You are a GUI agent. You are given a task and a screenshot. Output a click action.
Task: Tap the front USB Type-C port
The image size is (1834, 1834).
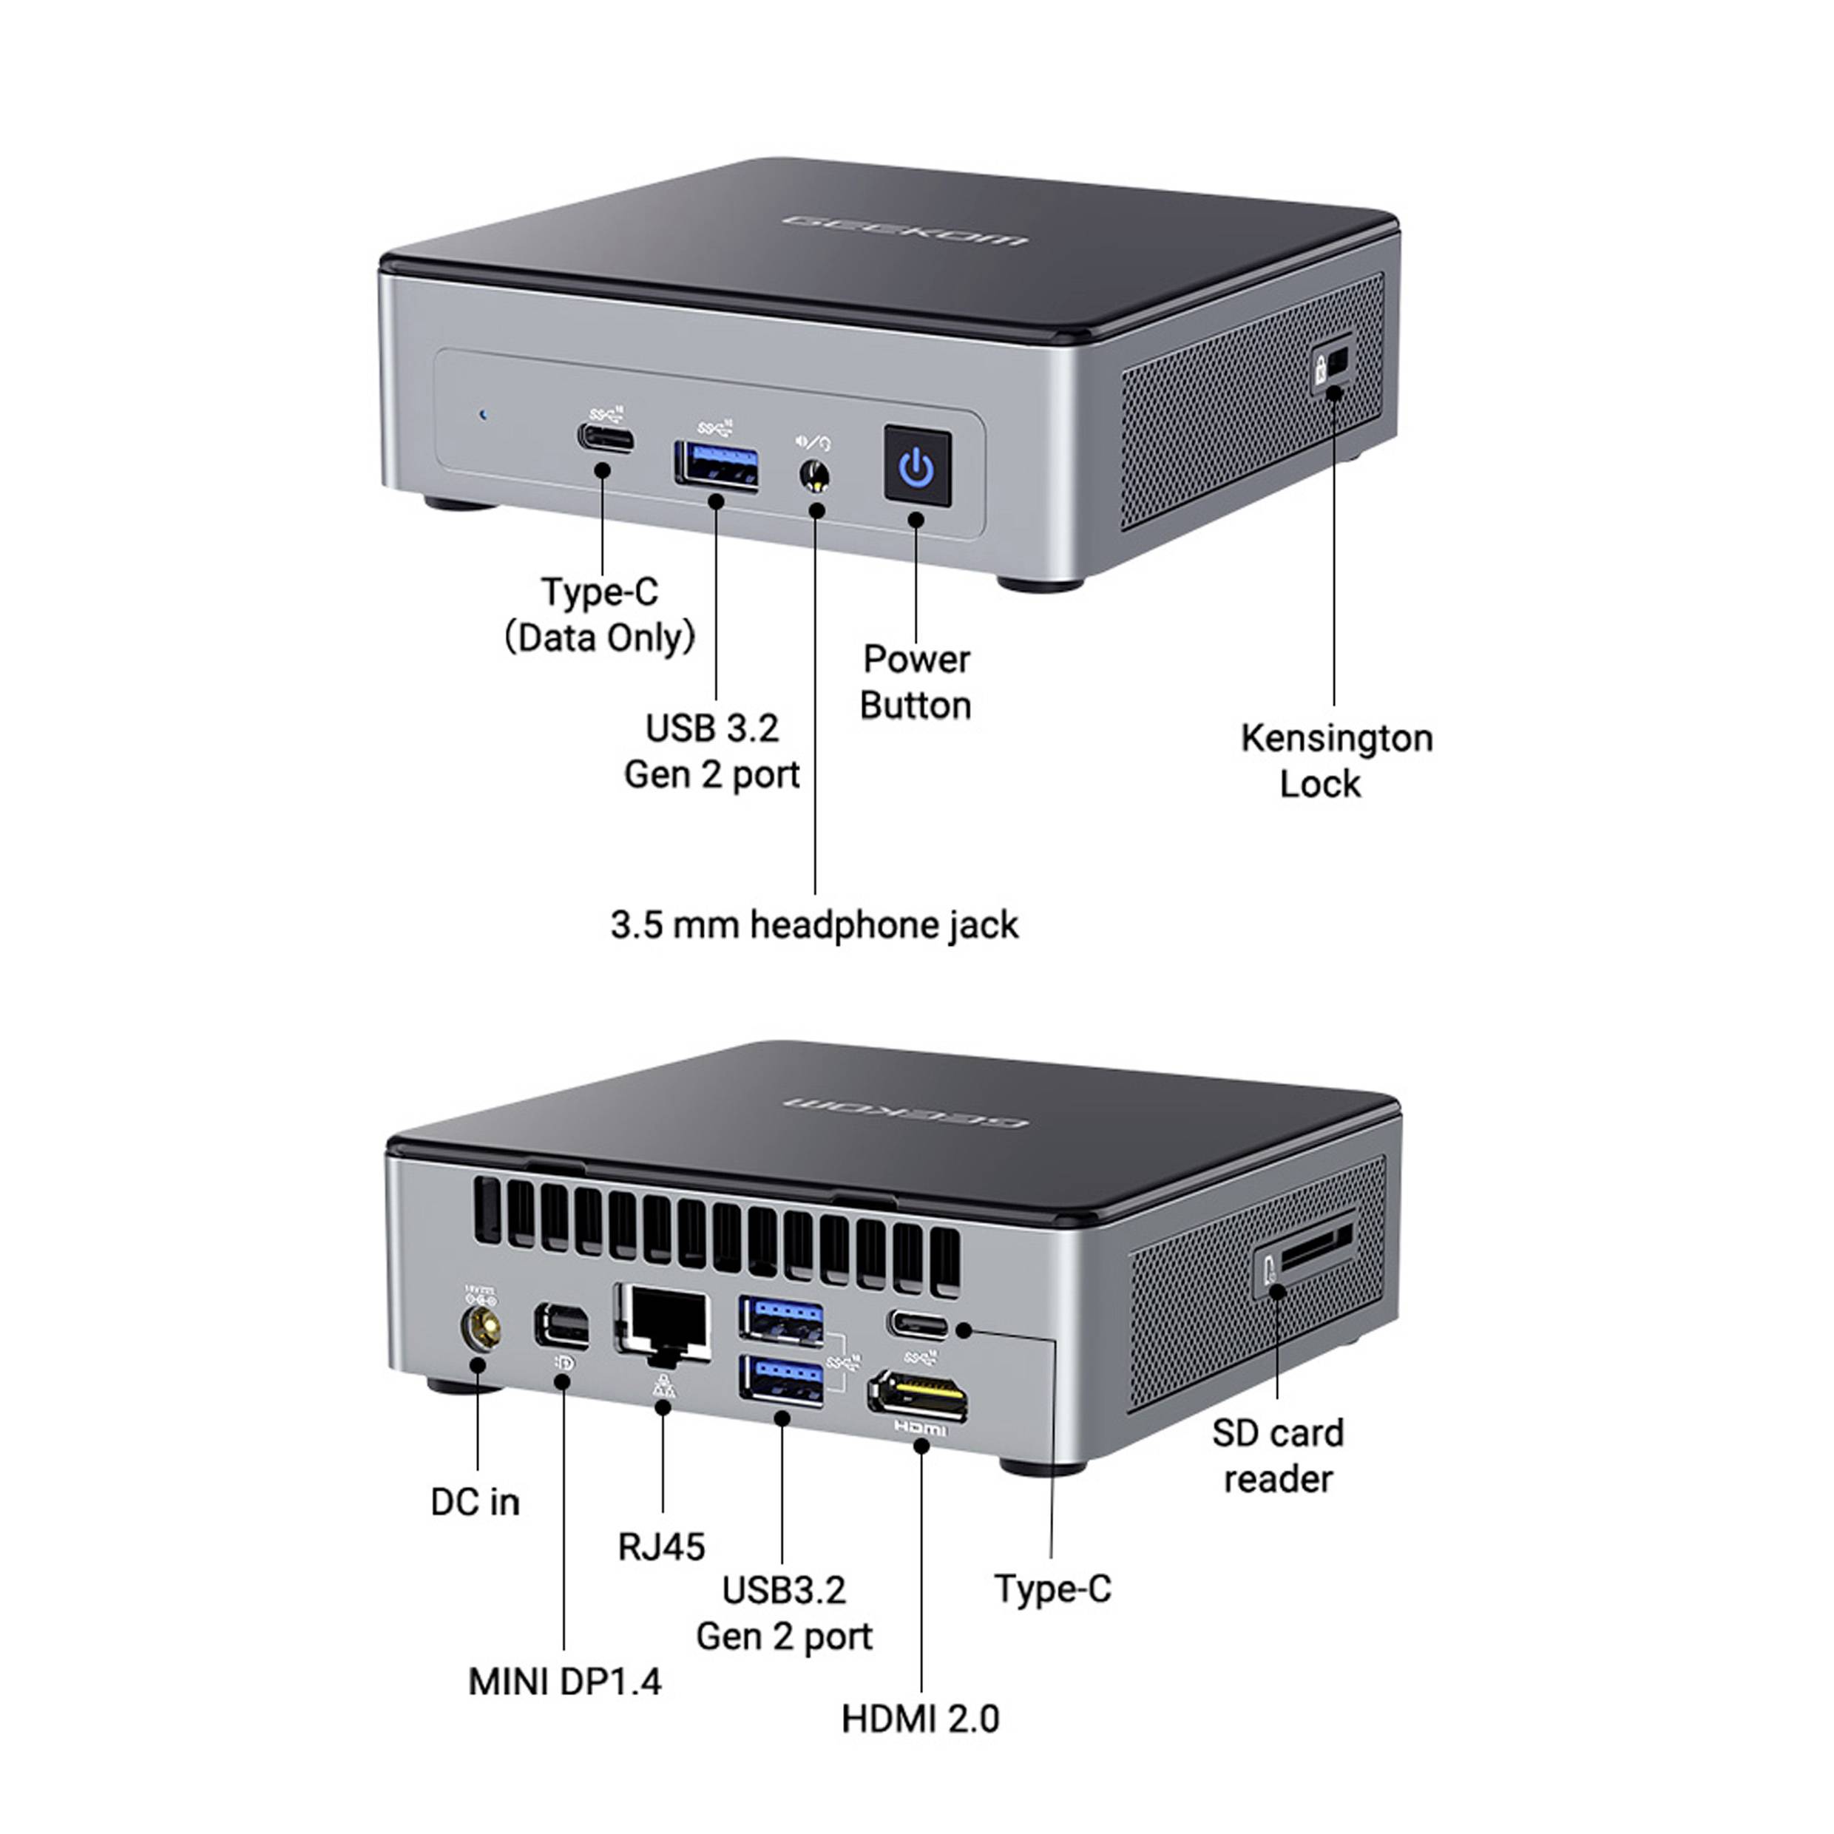click(606, 439)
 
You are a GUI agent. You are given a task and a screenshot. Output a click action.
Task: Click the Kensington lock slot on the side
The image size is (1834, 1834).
click(1335, 362)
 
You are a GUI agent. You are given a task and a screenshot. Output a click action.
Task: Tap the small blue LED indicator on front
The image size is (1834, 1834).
click(483, 415)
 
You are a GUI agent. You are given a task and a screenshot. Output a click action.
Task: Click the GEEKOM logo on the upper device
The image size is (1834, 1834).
click(904, 230)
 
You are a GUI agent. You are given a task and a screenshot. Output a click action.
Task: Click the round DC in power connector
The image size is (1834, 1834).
click(481, 1327)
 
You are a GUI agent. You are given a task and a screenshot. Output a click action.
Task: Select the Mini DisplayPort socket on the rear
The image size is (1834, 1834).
click(562, 1325)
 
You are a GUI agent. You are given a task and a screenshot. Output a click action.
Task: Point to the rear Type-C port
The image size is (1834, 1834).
click(918, 1323)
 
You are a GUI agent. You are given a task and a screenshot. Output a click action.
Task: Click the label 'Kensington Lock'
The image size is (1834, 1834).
click(1335, 760)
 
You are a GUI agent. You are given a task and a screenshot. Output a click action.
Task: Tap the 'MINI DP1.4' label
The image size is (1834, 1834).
click(565, 1681)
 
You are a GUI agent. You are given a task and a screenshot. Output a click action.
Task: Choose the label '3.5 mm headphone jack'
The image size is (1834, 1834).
click(813, 924)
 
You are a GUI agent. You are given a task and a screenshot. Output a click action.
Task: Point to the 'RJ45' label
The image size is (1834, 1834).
click(662, 1546)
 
